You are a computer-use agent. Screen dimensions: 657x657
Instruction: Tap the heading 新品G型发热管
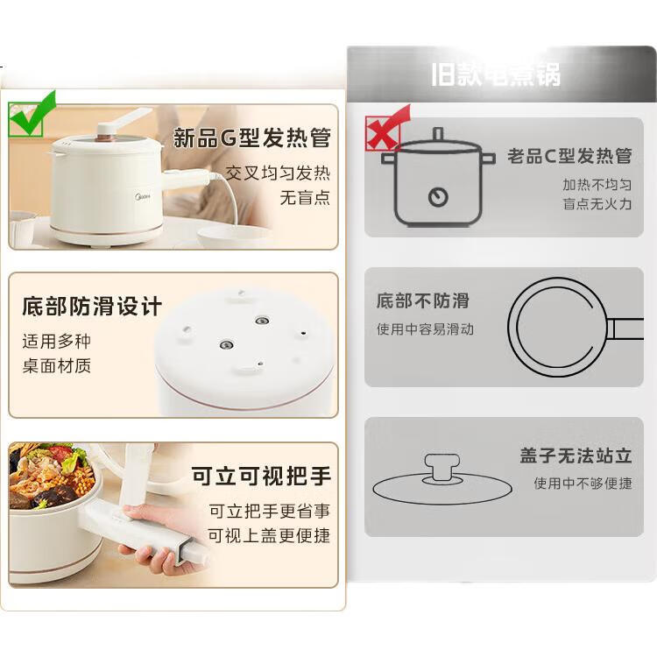252,138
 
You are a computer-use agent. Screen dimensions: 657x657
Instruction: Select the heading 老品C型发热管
569,156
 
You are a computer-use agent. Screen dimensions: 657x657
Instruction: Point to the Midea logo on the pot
143,196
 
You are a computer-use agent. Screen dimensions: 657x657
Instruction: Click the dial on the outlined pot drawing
438,197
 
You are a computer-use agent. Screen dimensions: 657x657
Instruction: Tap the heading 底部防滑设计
92,307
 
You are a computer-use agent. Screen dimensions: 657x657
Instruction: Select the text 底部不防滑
422,300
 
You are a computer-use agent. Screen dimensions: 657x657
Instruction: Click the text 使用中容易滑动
425,329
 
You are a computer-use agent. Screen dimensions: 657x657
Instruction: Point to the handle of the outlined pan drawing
625,328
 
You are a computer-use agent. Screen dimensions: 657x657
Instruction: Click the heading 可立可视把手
261,476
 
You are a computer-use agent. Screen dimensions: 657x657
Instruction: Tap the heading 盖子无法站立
576,456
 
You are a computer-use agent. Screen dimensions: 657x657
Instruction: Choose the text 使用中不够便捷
583,484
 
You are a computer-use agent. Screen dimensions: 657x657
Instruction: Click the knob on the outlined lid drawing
442,469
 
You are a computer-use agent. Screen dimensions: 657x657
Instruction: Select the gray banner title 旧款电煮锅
496,75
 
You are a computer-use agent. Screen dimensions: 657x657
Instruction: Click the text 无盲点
305,197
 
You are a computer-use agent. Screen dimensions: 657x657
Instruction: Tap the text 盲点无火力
597,204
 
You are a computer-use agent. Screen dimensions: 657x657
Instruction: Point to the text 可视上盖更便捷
270,535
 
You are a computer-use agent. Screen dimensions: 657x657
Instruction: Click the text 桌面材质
57,366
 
